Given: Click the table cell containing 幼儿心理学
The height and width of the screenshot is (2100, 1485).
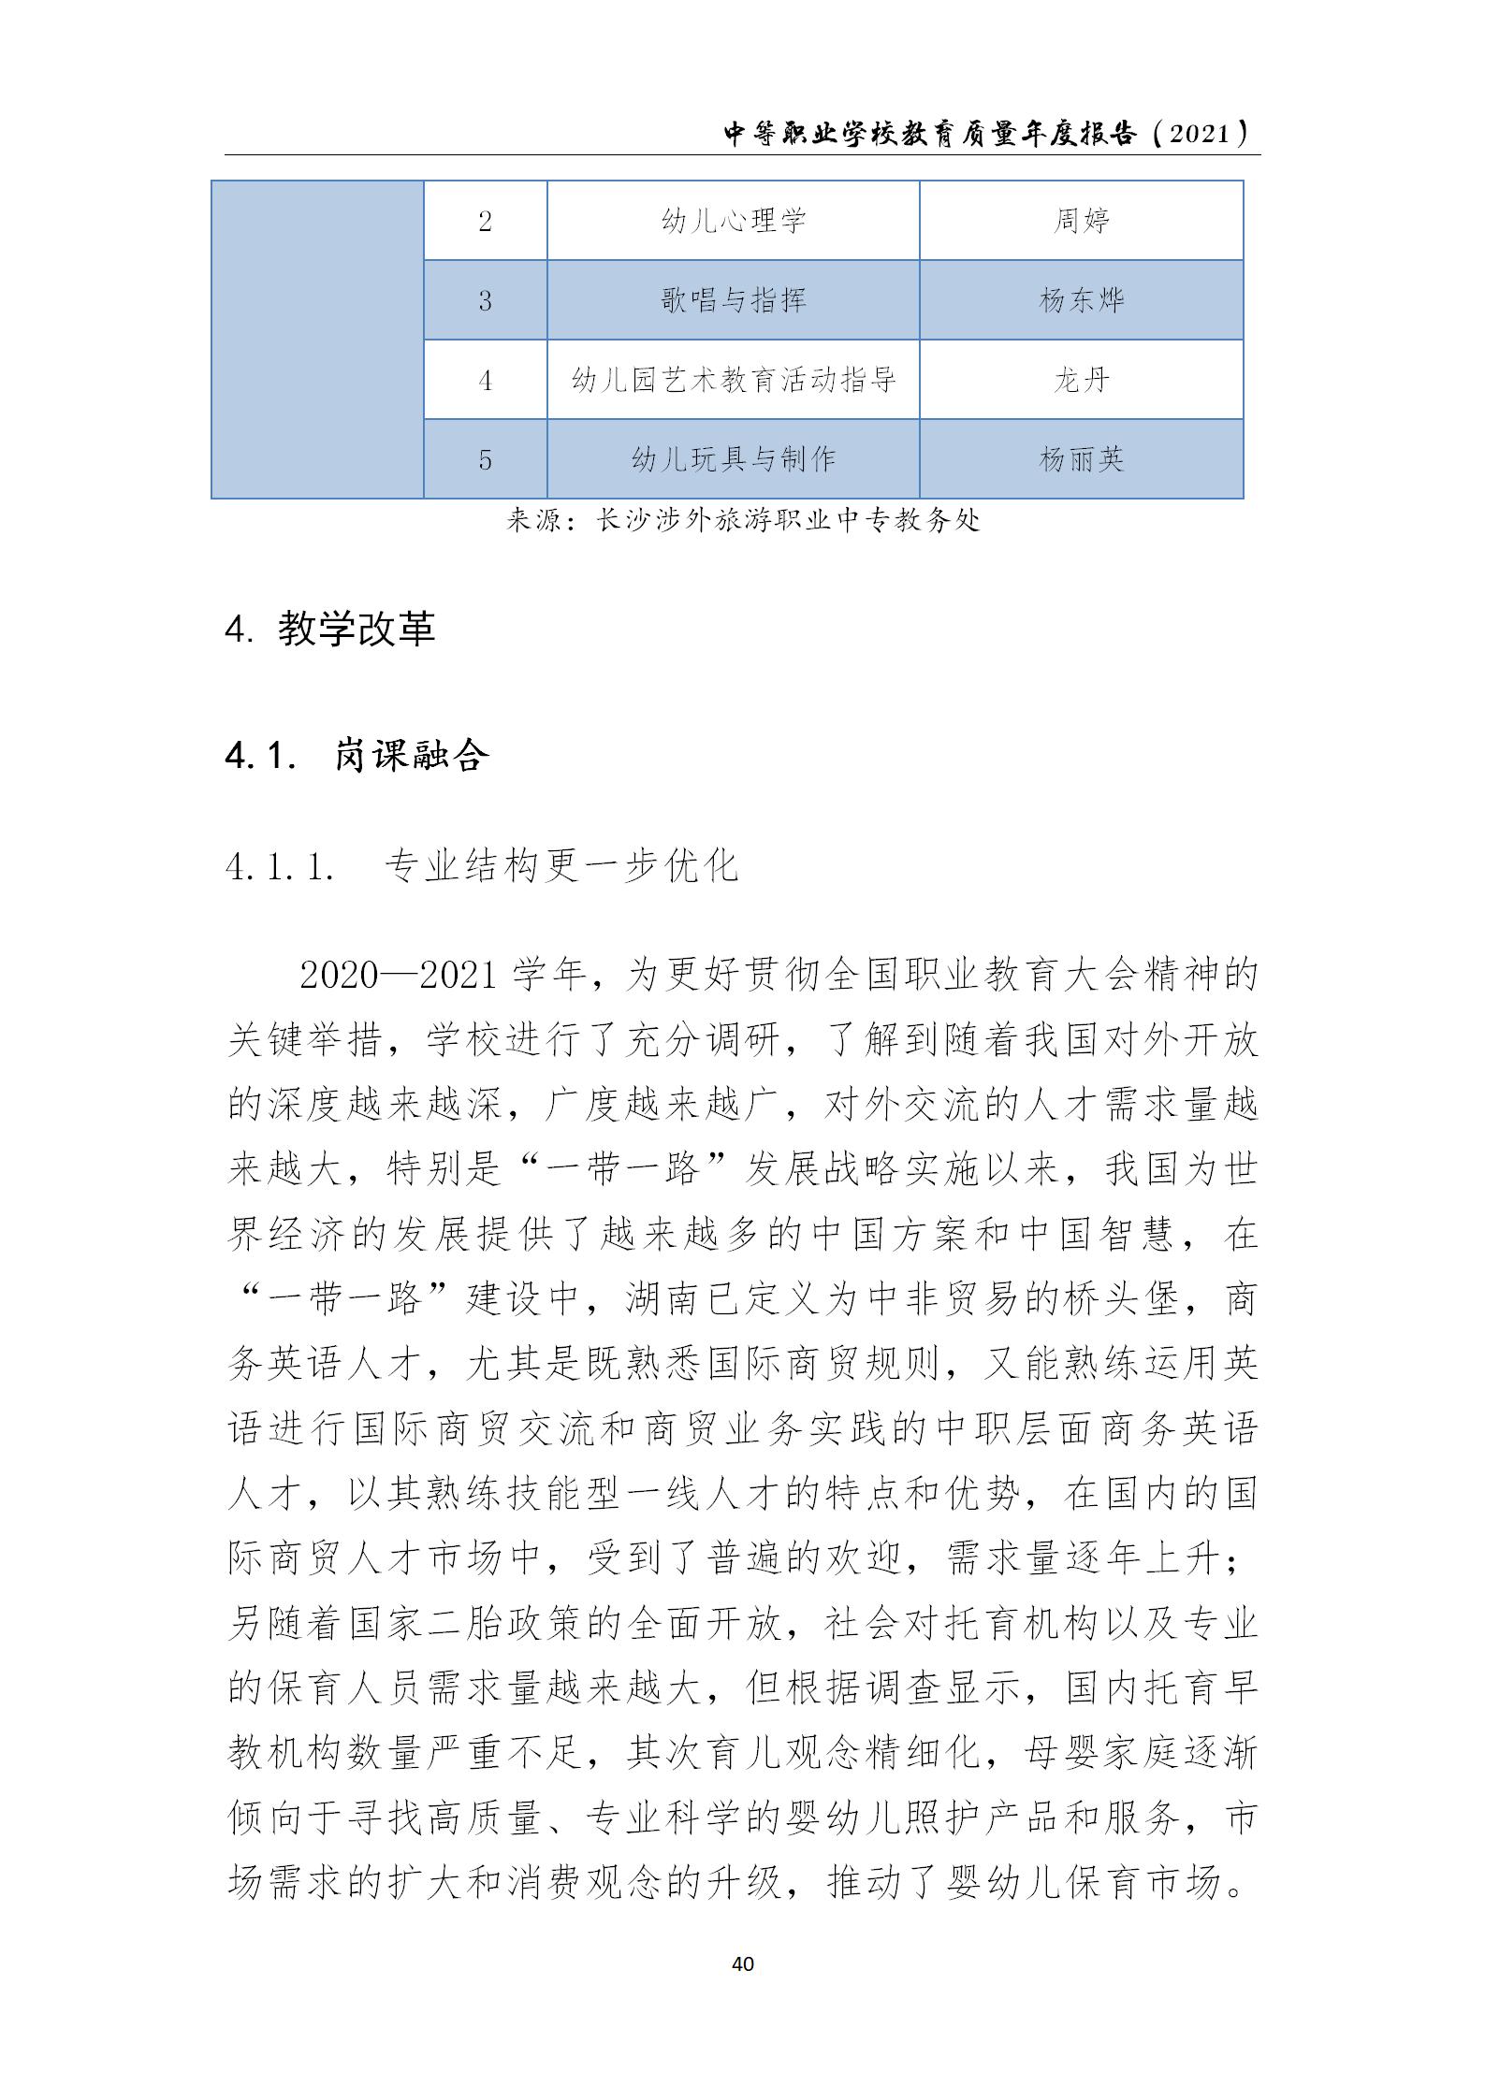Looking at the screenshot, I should click(x=733, y=221).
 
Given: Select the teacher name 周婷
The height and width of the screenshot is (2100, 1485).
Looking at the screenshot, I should click(x=1081, y=221).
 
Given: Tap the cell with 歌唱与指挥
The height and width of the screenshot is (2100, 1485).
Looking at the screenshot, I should click(x=733, y=300).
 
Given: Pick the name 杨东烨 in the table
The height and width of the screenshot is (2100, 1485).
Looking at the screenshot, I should click(x=1081, y=300).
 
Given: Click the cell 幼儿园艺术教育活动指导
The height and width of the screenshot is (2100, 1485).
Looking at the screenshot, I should click(x=733, y=380).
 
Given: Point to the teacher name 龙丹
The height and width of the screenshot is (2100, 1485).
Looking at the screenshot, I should click(x=1081, y=380).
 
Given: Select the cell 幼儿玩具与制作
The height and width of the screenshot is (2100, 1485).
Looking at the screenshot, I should click(x=733, y=459).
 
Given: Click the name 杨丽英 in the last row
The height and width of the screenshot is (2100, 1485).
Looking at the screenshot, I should click(x=1081, y=459).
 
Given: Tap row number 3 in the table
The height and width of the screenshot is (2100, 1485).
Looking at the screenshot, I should click(x=485, y=300).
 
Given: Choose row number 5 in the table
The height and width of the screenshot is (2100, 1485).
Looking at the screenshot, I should click(x=485, y=459).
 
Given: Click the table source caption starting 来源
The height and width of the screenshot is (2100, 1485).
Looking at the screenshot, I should click(x=742, y=520).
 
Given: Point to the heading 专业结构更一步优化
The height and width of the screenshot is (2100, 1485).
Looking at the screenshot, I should click(x=561, y=867).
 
